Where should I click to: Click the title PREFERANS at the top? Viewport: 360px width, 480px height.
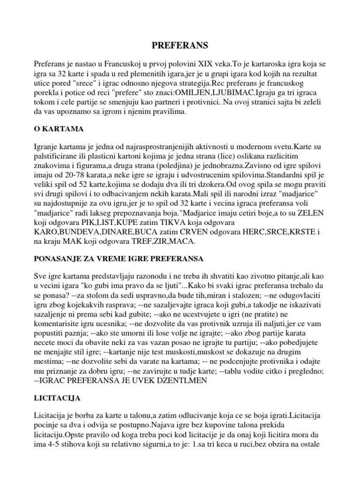[180, 45]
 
